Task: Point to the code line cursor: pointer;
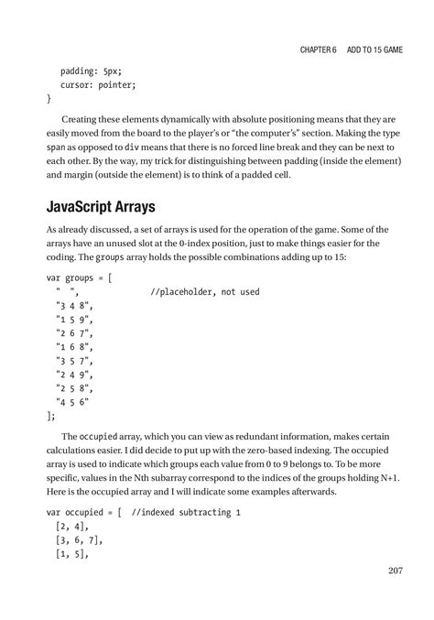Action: click(98, 84)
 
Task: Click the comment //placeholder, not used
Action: click(204, 292)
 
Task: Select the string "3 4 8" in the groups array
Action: click(73, 306)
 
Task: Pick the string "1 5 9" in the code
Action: click(73, 320)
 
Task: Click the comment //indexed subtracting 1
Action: click(185, 513)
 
